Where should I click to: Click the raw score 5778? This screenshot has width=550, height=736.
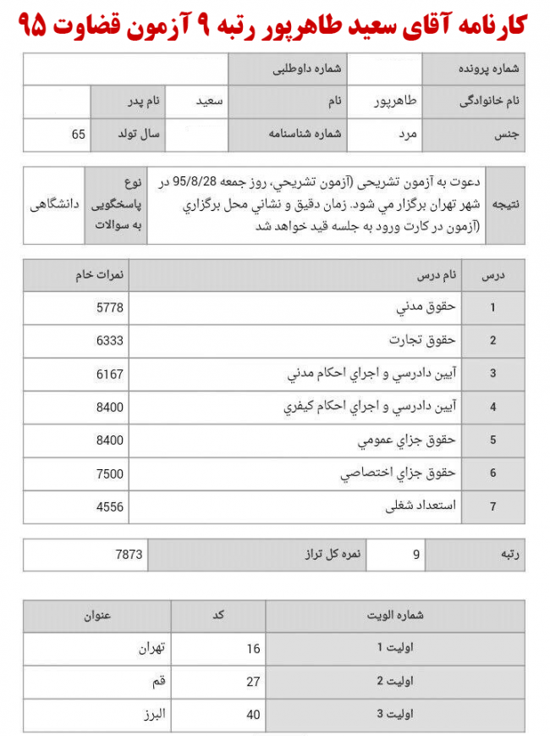(x=110, y=307)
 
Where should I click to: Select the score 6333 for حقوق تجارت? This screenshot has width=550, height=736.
(x=110, y=340)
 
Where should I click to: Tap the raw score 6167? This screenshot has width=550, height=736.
(x=110, y=373)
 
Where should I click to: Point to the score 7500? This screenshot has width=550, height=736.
(x=110, y=473)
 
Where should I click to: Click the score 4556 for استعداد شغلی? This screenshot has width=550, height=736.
(x=110, y=506)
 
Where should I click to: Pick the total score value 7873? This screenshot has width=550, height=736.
(x=129, y=556)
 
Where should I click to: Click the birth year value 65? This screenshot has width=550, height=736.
(x=78, y=135)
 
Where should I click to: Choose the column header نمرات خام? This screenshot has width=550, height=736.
(x=107, y=274)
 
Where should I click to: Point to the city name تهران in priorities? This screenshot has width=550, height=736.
(x=154, y=649)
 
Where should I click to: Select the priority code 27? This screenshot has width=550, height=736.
(x=253, y=681)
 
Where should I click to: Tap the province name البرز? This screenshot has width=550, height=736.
(x=155, y=713)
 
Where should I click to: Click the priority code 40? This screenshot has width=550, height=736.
(x=253, y=713)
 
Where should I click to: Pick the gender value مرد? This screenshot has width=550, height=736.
(x=408, y=135)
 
